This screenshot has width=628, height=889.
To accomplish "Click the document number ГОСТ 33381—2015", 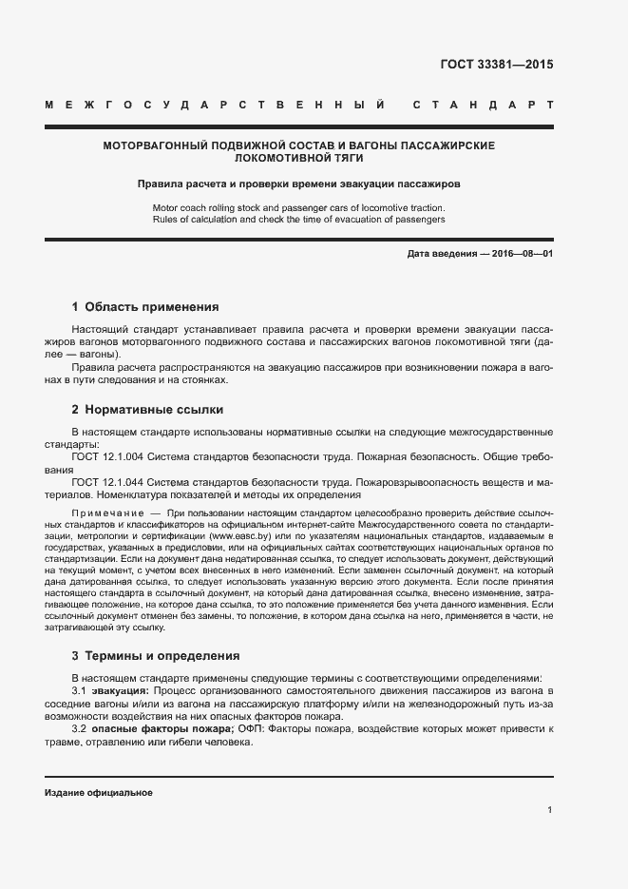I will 497,65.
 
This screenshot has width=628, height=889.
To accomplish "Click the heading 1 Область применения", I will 145,307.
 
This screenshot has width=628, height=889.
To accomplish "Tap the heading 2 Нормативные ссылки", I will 147,410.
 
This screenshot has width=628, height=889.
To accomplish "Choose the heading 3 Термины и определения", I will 156,656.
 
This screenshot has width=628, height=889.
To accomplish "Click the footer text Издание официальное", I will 99,792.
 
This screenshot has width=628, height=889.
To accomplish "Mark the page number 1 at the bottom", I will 550,810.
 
